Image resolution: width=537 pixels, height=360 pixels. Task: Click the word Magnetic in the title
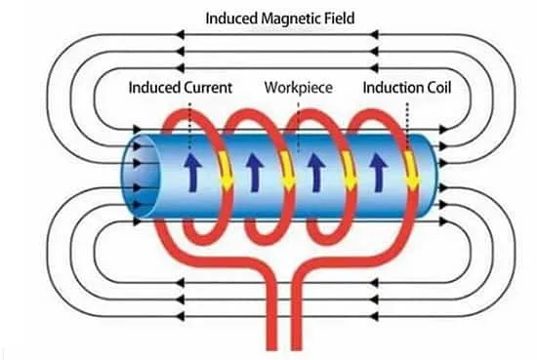pos(286,19)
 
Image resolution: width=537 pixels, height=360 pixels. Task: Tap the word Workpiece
pos(299,88)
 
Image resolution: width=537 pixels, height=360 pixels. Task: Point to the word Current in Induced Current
pos(208,88)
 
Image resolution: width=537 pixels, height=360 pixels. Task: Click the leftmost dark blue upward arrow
pos(192,172)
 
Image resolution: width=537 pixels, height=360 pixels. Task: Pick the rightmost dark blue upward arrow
pos(378,172)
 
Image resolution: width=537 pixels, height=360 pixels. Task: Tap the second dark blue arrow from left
pos(254,172)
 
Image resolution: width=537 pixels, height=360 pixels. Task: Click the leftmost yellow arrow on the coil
pos(227,170)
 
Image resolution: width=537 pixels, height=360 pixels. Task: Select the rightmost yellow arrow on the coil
pos(412,170)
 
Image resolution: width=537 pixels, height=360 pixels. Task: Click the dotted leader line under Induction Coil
pos(407,125)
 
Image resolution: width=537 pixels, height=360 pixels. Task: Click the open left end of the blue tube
pos(140,176)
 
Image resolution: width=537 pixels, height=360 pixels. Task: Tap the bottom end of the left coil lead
pos(271,348)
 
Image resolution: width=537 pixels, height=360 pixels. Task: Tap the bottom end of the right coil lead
pos(297,348)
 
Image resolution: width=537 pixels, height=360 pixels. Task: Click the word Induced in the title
pos(231,19)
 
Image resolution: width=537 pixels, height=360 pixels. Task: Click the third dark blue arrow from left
pos(316,172)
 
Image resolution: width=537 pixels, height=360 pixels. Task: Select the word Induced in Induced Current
pos(154,88)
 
